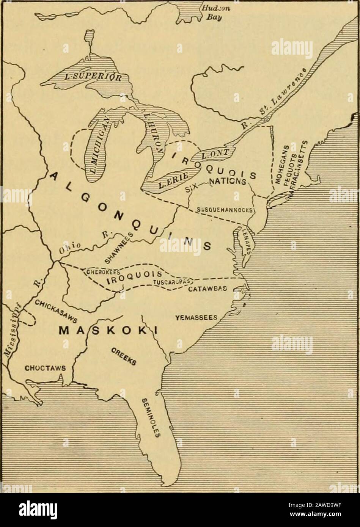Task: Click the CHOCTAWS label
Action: click(46, 367)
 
